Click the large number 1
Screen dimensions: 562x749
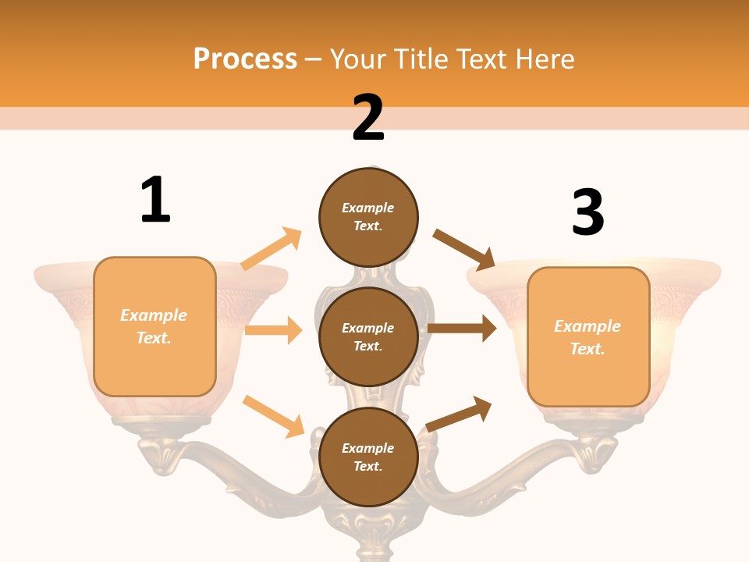[155, 200]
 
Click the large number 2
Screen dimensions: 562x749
[368, 118]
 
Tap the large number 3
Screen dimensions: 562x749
[587, 212]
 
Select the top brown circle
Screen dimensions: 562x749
[368, 217]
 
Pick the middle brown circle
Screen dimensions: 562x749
[368, 336]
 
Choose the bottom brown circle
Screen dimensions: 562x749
[368, 457]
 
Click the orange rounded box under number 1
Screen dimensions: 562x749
[154, 326]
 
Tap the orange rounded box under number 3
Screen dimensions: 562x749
[588, 337]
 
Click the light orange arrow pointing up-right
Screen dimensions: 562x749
[272, 248]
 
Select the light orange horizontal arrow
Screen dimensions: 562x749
[273, 330]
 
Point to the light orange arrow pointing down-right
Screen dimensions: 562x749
[273, 416]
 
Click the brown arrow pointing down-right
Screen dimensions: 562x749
[464, 250]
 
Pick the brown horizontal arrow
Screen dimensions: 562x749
[462, 328]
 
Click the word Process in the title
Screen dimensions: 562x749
[245, 59]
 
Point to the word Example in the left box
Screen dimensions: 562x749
[154, 315]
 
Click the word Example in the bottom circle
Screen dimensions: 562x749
[368, 448]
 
